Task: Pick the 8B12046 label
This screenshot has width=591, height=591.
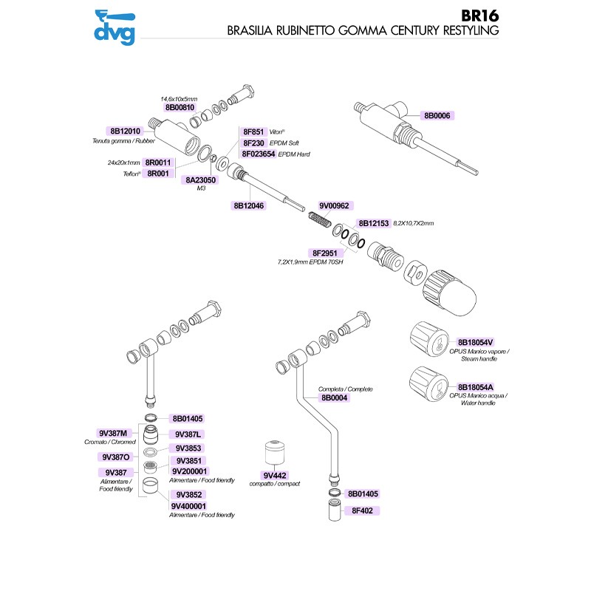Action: click(248, 206)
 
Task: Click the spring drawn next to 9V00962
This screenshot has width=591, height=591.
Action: click(318, 219)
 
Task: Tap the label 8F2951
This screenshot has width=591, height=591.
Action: click(325, 253)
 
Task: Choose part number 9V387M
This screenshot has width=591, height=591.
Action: click(113, 433)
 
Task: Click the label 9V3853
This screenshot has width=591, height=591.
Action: click(189, 448)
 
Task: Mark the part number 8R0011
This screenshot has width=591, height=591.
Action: click(157, 163)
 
